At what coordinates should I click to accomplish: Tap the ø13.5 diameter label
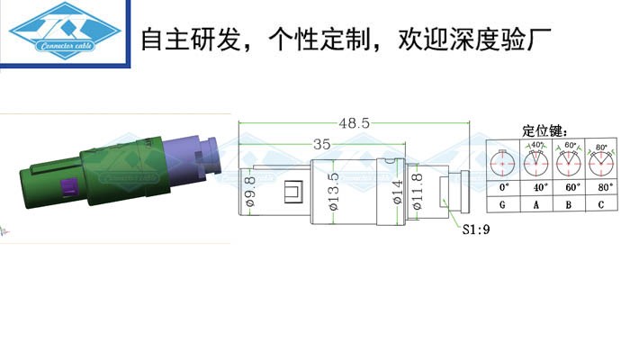tap(334, 193)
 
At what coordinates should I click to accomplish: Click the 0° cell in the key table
tap(503, 187)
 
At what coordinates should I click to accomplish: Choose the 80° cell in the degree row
tap(600, 187)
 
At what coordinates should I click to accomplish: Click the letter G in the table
tap(503, 206)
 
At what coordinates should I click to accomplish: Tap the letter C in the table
tap(600, 206)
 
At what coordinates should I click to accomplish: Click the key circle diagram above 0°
tap(503, 162)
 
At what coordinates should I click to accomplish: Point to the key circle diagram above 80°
tap(600, 162)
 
